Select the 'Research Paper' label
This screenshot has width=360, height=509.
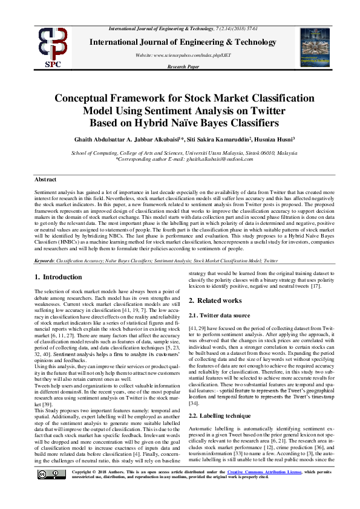184,67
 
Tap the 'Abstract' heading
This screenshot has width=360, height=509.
45,180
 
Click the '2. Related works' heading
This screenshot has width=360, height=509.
215,300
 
